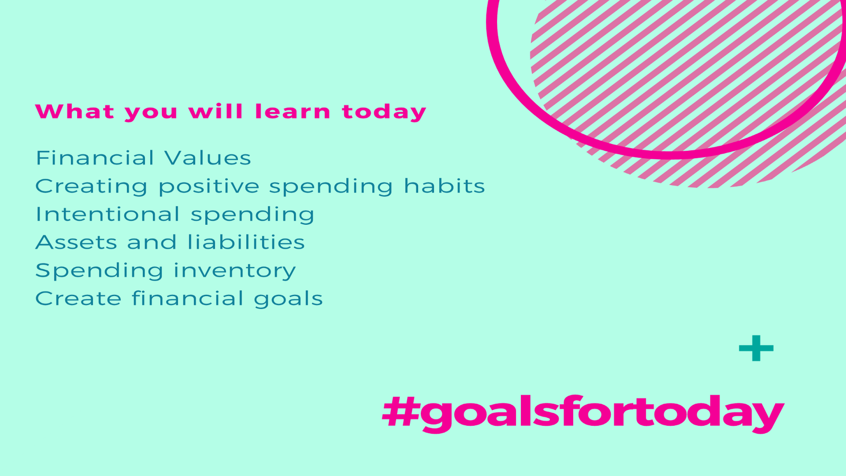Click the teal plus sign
pos(756,348)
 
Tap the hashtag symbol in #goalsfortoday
pos(401,411)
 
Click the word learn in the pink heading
pos(293,111)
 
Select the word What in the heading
pos(75,111)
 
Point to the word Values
pos(208,158)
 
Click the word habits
pos(444,186)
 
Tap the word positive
pos(209,186)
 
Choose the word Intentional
pos(108,214)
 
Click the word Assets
pos(76,242)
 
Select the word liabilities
pos(246,242)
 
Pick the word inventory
pos(235,271)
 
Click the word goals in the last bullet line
pos(288,299)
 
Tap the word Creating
pos(91,186)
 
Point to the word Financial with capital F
pos(95,158)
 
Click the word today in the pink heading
pos(384,112)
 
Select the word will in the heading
pos(216,111)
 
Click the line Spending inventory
pos(165,271)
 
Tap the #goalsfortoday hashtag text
pos(583,413)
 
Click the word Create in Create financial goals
pos(78,298)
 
